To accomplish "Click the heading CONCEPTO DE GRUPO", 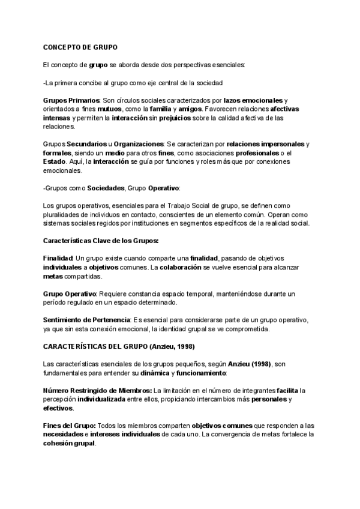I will (x=80, y=47).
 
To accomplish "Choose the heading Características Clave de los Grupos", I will (x=101, y=241).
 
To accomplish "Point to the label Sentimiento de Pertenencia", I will (x=86, y=320).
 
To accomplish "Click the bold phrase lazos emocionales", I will (x=252, y=100).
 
